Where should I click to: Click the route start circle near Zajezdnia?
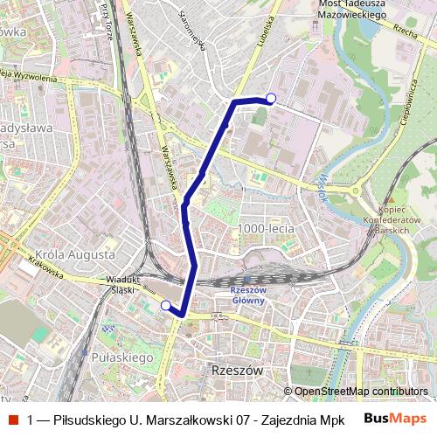click(x=271, y=98)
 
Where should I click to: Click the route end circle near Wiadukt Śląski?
click(x=166, y=305)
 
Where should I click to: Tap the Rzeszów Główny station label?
click(x=247, y=295)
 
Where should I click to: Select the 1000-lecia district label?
click(x=266, y=228)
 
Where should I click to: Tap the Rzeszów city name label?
click(x=237, y=371)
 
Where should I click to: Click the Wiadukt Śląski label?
click(x=122, y=286)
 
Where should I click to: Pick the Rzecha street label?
click(x=404, y=31)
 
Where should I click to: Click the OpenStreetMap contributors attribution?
click(x=360, y=392)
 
